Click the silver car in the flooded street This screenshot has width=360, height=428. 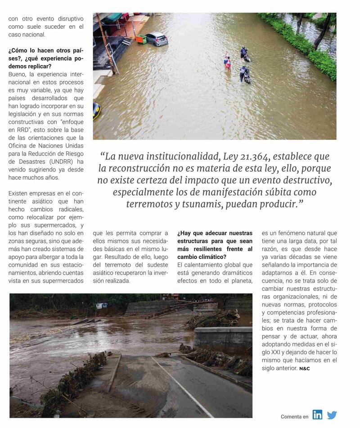[x=157, y=39]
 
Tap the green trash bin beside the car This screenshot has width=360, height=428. [x=141, y=39]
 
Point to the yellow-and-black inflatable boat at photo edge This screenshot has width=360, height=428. [x=96, y=110]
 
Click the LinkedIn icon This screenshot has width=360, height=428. [x=317, y=415]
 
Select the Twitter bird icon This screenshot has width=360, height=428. [x=332, y=415]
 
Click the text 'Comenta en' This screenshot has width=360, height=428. [x=294, y=417]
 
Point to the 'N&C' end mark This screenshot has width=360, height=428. [x=305, y=369]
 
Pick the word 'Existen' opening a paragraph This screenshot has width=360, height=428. [x=18, y=193]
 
